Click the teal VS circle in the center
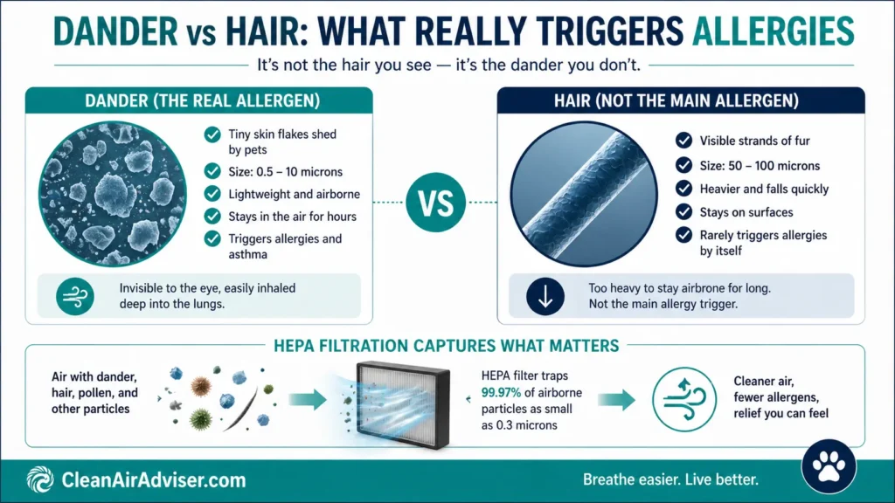pos(435,203)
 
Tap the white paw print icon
pos(829,466)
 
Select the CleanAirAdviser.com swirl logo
pos(40,479)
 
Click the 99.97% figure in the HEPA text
pos(501,392)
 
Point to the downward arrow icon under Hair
pos(545,297)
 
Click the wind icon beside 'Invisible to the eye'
pos(75,297)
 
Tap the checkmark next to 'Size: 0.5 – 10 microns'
pos(212,172)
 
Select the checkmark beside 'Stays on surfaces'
pos(683,212)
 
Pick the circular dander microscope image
pos(113,194)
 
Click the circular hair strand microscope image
pos(584,194)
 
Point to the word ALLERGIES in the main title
pos(773,31)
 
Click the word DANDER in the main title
pos(115,31)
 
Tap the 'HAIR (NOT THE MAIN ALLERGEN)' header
pos(676,101)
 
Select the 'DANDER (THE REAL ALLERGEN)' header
pos(203,101)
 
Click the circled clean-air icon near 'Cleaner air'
pos(684,399)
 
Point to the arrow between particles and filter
pos(308,400)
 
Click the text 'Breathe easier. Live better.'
pos(670,479)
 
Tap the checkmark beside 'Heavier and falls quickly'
pos(683,189)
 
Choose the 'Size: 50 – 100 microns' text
pos(760,166)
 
